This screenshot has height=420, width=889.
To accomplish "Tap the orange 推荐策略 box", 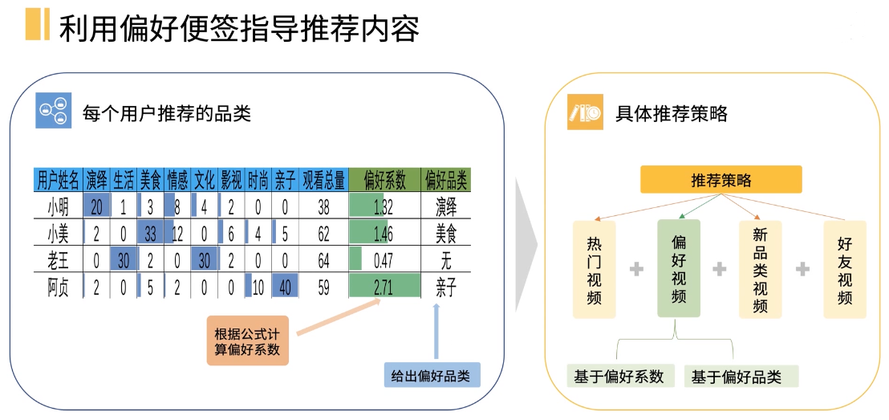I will click(x=721, y=180).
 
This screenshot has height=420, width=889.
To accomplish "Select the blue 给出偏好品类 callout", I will click(x=432, y=375).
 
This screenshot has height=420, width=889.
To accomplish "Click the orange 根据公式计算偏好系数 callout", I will click(x=248, y=341).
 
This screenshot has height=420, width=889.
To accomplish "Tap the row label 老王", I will click(x=59, y=260).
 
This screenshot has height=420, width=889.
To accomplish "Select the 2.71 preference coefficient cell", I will click(x=384, y=287).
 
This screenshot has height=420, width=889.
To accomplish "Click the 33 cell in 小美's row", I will click(x=150, y=234).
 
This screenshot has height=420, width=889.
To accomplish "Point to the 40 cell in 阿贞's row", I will click(x=284, y=287).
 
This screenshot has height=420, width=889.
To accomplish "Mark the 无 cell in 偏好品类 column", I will click(x=446, y=260).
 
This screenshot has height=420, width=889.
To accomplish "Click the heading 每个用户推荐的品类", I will click(x=167, y=113).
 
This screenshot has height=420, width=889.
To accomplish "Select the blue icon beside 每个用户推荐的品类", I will click(x=54, y=113).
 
